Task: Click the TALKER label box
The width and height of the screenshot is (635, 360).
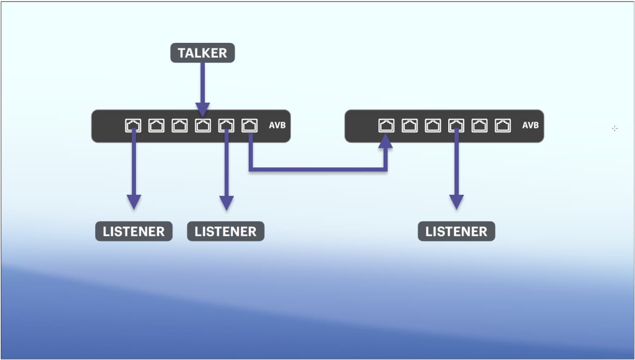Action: [202, 53]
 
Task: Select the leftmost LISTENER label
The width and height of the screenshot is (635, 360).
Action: [134, 231]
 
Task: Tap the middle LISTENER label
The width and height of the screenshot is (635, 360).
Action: [225, 231]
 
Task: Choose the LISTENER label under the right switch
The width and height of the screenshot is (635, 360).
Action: [456, 231]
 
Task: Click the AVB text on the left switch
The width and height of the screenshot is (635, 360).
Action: [277, 125]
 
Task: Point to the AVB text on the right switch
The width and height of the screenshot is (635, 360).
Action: [530, 125]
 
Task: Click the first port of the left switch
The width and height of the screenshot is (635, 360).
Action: [133, 125]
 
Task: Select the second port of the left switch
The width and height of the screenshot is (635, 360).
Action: [156, 125]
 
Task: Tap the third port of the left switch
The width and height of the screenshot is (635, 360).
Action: [179, 125]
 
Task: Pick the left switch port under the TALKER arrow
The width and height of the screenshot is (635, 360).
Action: [203, 125]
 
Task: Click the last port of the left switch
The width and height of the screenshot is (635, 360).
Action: [249, 125]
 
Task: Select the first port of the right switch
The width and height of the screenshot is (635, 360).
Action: [387, 125]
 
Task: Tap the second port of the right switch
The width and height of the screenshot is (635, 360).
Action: [410, 125]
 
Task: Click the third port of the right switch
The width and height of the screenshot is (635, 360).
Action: [433, 125]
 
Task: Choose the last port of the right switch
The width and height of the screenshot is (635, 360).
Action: [503, 125]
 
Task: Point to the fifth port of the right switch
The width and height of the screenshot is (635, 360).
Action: [479, 125]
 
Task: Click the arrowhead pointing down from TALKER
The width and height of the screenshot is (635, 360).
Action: [202, 109]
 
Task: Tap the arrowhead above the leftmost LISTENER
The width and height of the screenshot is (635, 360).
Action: [134, 202]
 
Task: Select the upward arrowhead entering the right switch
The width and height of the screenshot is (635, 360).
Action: [386, 141]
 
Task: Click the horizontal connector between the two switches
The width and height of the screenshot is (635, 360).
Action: [317, 169]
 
